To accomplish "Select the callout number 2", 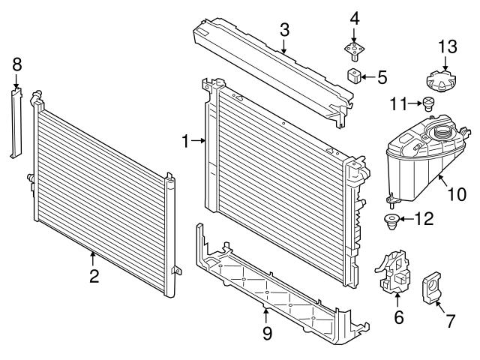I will point(94,277).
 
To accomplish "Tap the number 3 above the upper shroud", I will point(284,30).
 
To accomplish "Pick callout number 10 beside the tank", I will point(457,194).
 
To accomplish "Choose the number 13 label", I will point(447,46).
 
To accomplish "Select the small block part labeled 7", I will point(434,286).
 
